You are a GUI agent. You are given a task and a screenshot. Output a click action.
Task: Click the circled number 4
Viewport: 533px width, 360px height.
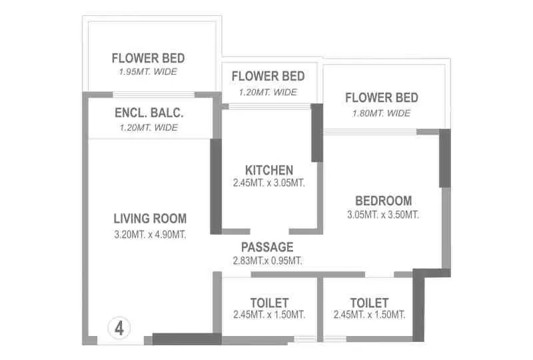coord(119,327)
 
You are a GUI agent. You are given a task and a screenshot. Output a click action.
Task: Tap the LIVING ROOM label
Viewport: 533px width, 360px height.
coord(150,218)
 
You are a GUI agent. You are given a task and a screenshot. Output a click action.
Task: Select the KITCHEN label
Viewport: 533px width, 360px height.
coord(268,170)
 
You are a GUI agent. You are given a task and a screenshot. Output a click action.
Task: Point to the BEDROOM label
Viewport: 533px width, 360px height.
coord(383,201)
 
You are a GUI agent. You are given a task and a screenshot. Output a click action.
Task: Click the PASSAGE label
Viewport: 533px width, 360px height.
coord(267,247)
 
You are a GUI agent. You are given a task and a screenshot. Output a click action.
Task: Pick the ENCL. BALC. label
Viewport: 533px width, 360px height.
coord(149,113)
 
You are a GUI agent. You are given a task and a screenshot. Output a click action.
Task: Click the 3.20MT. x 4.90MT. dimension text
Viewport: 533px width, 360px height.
coord(150,234)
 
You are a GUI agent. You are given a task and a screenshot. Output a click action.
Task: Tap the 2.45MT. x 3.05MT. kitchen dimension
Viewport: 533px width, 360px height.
coord(269,183)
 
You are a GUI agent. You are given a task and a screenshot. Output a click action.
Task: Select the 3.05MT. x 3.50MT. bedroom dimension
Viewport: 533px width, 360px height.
coord(383,215)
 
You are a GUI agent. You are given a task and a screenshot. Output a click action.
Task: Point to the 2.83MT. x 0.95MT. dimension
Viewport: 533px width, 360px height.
coord(267,261)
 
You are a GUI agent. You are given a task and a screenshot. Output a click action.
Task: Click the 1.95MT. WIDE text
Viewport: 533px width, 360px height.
coord(148,72)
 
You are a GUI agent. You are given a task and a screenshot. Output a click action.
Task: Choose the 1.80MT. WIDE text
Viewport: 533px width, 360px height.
coord(381,113)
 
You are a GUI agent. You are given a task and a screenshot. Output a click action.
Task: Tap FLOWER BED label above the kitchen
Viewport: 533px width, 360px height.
coord(268,76)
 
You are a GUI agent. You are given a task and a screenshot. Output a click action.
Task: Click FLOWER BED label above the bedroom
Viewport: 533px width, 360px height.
coord(382,98)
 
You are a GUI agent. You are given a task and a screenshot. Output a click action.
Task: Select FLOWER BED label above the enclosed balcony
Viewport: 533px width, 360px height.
coord(148,58)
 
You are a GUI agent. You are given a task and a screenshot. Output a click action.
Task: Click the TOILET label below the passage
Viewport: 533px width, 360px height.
coord(269,303)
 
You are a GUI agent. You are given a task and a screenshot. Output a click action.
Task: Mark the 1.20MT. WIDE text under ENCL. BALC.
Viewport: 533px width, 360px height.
coord(148,127)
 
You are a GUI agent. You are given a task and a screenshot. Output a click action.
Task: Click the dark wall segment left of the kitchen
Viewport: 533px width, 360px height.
coord(216,187)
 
